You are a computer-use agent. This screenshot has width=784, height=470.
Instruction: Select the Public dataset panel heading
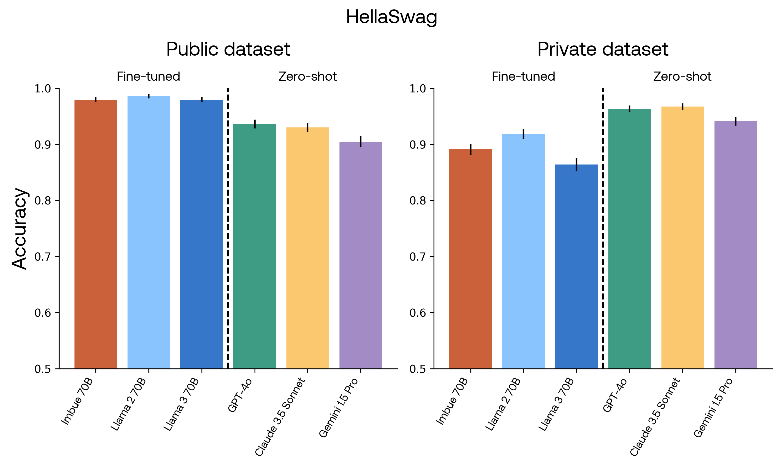click(228, 49)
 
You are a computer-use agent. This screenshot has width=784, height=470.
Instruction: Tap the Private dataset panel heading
click(603, 49)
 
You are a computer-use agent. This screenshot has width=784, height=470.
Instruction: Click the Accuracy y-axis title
click(20, 229)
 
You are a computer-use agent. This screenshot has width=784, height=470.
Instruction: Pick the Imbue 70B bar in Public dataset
click(96, 234)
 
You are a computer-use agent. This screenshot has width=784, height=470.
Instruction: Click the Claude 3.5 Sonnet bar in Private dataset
click(683, 238)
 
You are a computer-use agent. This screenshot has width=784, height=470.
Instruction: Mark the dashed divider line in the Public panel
click(228, 228)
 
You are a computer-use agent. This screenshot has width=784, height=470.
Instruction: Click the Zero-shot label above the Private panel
click(682, 77)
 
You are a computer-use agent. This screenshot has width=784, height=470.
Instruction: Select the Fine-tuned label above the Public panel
click(148, 77)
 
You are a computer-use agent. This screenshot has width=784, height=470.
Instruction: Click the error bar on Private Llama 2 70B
click(523, 133)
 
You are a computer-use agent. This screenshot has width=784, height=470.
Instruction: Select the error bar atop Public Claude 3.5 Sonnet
click(308, 127)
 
